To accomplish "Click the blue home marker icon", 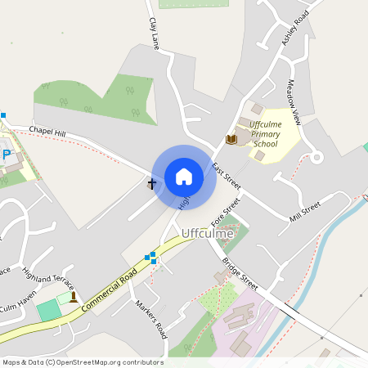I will [184, 176].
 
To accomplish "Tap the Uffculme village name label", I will [207, 233].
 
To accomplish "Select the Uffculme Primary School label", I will [266, 134].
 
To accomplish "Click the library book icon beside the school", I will [231, 140].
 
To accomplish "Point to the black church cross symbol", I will [151, 184].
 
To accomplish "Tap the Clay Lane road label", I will [154, 34].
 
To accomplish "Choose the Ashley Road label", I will [296, 29].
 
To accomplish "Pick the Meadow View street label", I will [294, 101].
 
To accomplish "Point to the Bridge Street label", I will [240, 275].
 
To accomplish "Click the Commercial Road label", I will [108, 289].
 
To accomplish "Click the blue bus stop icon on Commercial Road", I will [150, 258].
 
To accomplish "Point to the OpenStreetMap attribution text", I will [83, 362].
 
